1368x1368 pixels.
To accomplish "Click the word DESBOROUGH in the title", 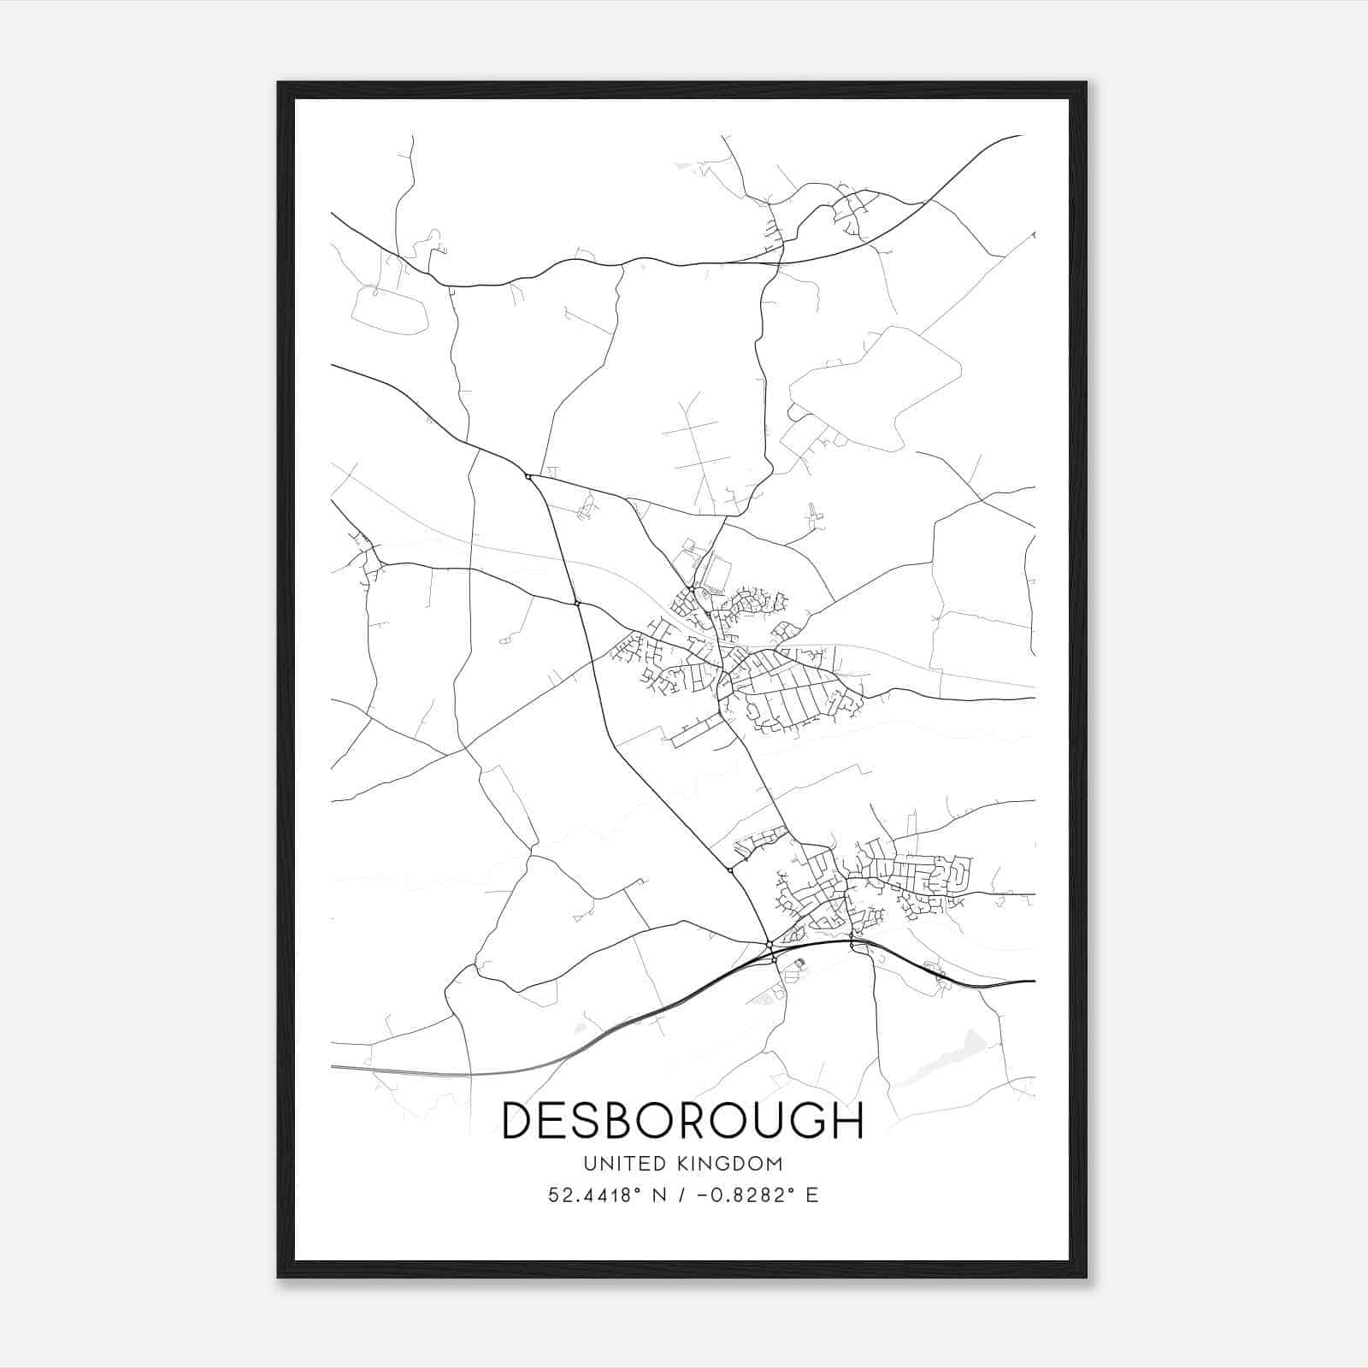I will pyautogui.click(x=682, y=1120).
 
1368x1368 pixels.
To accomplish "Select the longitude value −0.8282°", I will pyautogui.click(x=741, y=1194).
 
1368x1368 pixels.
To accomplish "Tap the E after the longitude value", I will pyautogui.click(x=811, y=1194).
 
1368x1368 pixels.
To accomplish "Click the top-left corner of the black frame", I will pyautogui.click(x=280, y=84).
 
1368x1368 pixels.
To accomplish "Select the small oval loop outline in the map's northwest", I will pyautogui.click(x=390, y=310).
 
